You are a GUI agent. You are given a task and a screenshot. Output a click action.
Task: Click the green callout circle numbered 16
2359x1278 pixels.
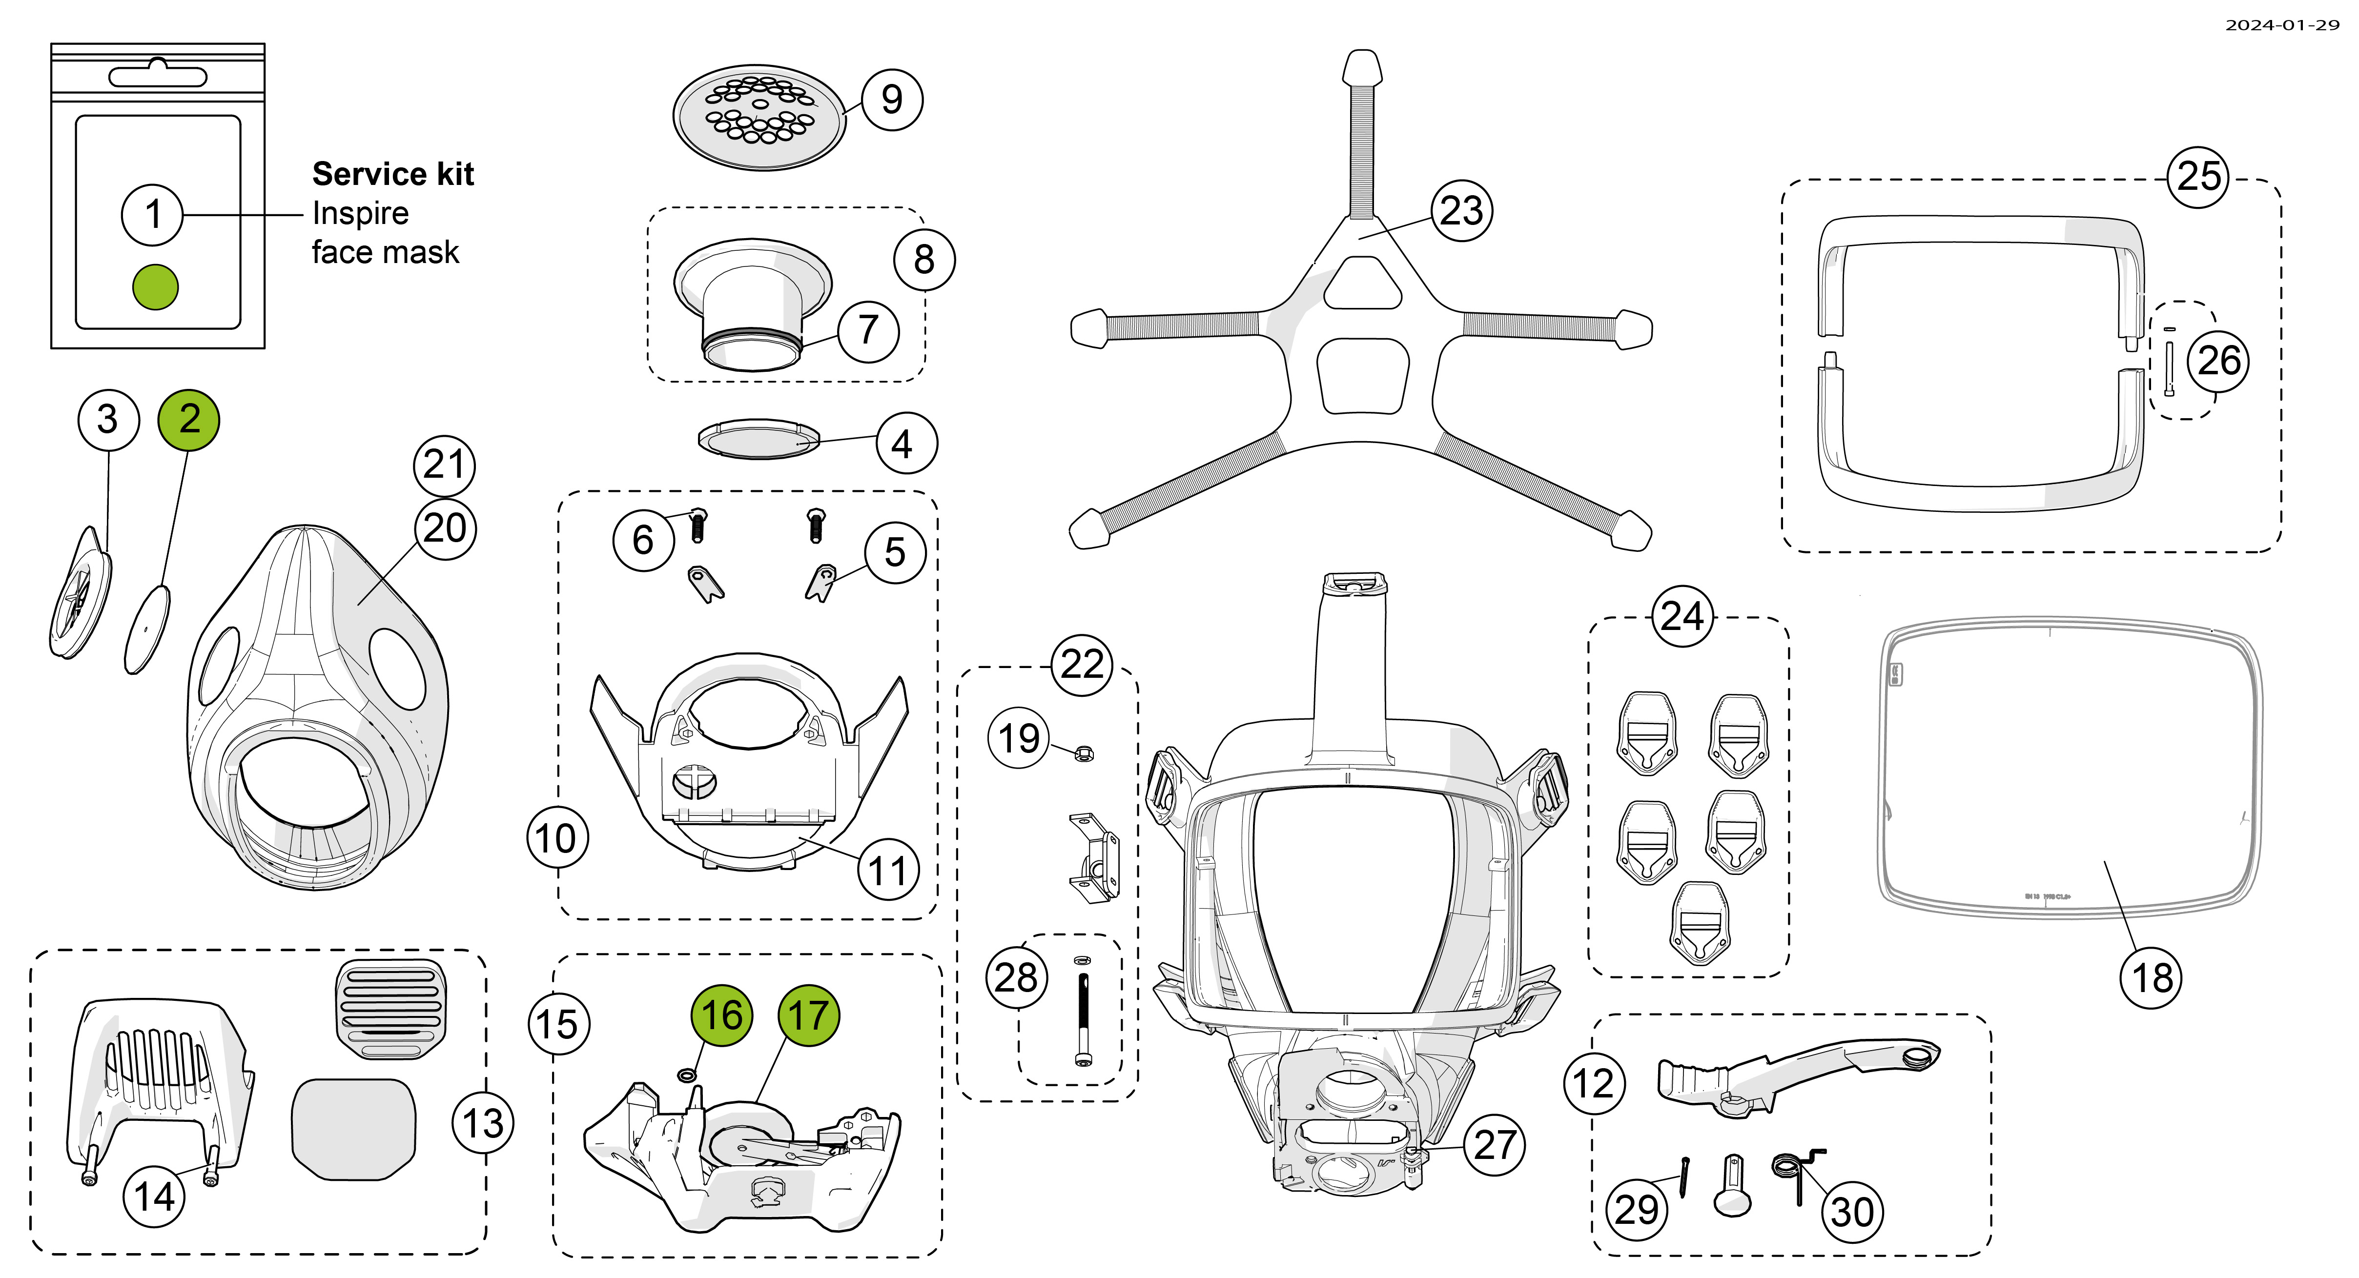point(721,1015)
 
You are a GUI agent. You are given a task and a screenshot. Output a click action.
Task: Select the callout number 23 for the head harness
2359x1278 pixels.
point(1461,210)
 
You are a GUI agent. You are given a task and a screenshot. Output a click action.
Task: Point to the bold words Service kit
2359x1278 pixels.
point(393,174)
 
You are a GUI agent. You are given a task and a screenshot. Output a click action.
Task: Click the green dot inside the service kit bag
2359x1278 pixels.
point(156,286)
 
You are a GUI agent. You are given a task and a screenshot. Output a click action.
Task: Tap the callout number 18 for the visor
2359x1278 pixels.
point(2151,978)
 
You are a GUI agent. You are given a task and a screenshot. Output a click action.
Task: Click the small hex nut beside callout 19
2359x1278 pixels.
point(1084,754)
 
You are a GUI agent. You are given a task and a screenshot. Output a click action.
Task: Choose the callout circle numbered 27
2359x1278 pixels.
point(1495,1144)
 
